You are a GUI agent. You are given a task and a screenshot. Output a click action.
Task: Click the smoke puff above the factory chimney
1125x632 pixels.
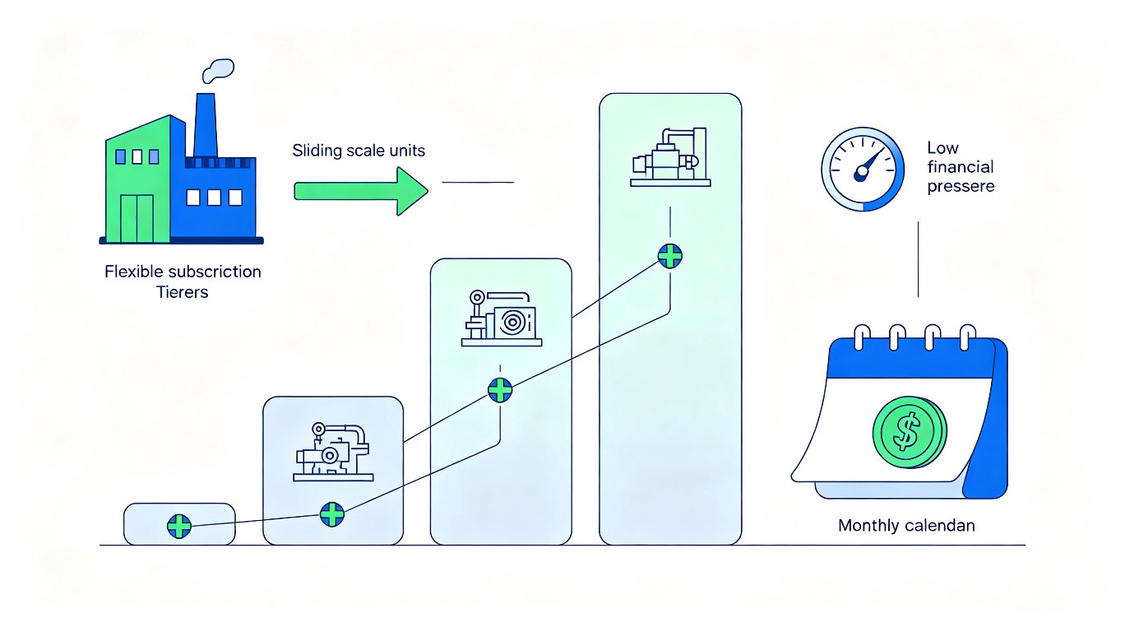pyautogui.click(x=218, y=71)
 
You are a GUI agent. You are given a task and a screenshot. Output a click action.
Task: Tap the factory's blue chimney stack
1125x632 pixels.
pyautogui.click(x=206, y=125)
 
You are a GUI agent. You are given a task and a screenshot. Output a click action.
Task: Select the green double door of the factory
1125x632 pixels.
pyautogui.click(x=137, y=219)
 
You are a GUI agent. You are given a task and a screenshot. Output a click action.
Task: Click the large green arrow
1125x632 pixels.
pyautogui.click(x=360, y=192)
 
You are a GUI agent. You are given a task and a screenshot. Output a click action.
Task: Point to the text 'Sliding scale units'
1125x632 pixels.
pyautogui.click(x=359, y=151)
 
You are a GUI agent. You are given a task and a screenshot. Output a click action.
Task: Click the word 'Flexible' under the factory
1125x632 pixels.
pyautogui.click(x=133, y=272)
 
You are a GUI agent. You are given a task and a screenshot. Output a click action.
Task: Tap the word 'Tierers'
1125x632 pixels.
pyautogui.click(x=182, y=292)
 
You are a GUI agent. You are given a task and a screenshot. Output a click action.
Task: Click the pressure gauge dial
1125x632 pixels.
pyautogui.click(x=863, y=169)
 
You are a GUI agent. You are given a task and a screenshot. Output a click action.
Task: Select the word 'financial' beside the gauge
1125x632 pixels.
pyautogui.click(x=961, y=167)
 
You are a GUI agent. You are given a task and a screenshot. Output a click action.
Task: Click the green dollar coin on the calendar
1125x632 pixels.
pyautogui.click(x=910, y=433)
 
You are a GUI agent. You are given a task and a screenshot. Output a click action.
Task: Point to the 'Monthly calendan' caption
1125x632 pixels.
pyautogui.click(x=906, y=526)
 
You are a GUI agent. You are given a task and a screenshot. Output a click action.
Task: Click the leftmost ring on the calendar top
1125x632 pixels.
pyautogui.click(x=862, y=337)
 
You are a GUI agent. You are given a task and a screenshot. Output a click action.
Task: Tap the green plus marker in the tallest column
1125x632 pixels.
pyautogui.click(x=670, y=256)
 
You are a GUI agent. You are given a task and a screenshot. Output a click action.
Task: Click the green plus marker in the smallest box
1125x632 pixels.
pyautogui.click(x=179, y=526)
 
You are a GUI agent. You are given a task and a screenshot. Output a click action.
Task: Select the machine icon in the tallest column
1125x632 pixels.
pyautogui.click(x=670, y=157)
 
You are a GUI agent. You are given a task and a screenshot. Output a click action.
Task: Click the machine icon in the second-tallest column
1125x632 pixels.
pyautogui.click(x=501, y=318)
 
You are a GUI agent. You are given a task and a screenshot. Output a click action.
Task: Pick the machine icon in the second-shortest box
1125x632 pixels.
pyautogui.click(x=333, y=452)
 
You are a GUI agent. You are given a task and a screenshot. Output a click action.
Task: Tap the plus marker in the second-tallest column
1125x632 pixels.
pyautogui.click(x=500, y=390)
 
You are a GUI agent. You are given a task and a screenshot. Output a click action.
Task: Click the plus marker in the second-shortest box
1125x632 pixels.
pyautogui.click(x=332, y=514)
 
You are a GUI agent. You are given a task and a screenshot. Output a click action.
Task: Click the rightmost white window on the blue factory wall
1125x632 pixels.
pyautogui.click(x=235, y=197)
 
